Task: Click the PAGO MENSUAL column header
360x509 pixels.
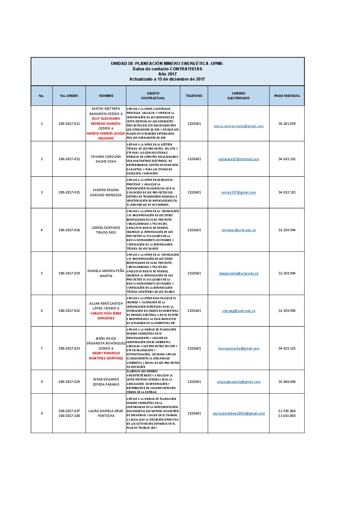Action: [287, 96]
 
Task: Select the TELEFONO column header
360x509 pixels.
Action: [194, 96]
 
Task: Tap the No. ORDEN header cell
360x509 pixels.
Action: [69, 96]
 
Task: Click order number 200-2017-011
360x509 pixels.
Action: [69, 124]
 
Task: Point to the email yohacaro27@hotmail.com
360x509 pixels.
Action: [239, 159]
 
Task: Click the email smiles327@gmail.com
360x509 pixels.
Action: [239, 192]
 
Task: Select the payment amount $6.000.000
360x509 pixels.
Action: [287, 382]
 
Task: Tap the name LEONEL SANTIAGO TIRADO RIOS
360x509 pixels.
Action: [106, 230]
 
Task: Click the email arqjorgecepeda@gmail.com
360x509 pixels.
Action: [239, 382]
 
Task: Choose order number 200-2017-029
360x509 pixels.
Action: [69, 382]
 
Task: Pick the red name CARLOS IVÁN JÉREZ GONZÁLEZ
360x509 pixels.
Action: [106, 316]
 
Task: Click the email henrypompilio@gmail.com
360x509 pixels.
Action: [239, 349]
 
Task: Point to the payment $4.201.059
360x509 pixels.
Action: [287, 124]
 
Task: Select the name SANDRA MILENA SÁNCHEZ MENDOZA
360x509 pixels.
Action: [106, 192]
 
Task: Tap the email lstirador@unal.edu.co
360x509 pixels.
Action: [239, 230]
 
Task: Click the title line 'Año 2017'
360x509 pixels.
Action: [167, 74]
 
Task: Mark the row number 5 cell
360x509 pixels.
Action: [42, 273]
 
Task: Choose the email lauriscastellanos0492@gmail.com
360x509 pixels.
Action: [239, 413]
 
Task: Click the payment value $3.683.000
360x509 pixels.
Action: [287, 416]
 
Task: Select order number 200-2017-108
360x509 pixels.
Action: [69, 416]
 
